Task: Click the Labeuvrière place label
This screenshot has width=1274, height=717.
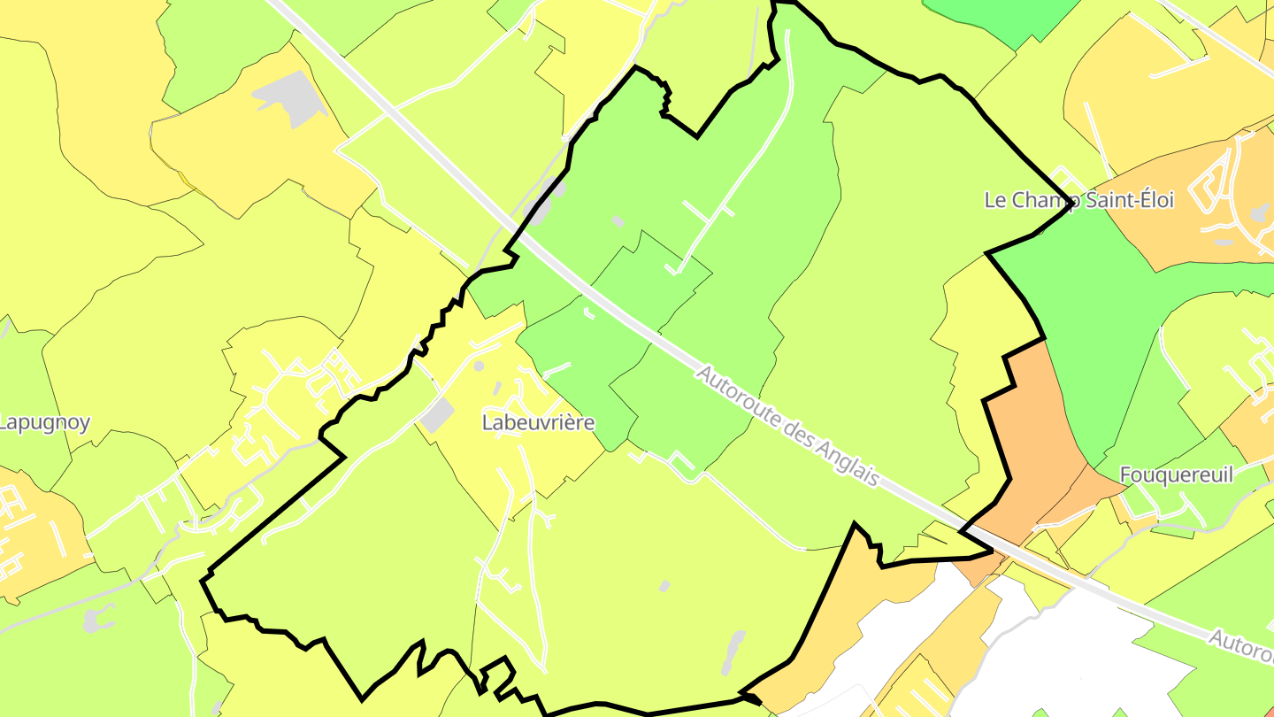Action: tap(538, 423)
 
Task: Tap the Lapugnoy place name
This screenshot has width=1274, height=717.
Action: tap(44, 423)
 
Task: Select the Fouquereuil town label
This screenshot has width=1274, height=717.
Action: tap(1176, 475)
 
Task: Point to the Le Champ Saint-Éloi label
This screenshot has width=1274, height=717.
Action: tap(1078, 200)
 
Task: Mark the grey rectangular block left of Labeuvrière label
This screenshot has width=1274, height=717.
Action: tap(436, 415)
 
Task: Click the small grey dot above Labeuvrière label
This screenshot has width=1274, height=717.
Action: tap(479, 365)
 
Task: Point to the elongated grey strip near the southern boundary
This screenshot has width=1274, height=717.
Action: tap(733, 652)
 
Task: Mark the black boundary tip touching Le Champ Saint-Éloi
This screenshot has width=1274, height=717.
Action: tap(1072, 203)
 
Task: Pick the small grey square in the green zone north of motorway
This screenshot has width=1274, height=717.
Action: tap(617, 220)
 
